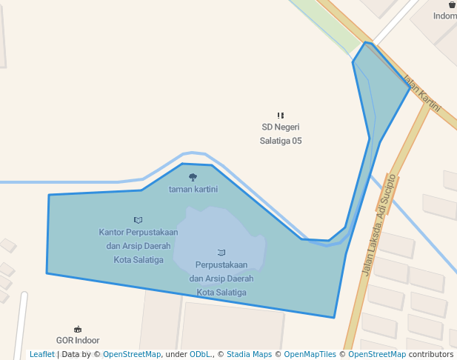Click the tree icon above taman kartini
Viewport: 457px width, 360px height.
(x=193, y=177)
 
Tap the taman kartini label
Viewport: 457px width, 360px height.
(x=193, y=189)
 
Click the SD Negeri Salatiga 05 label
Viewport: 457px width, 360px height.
(x=281, y=134)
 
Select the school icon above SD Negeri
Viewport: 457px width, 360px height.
(x=281, y=116)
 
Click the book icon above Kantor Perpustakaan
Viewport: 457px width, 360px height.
(x=139, y=220)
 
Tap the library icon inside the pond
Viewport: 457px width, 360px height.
(x=221, y=253)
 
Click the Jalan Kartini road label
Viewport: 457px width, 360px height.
(x=421, y=93)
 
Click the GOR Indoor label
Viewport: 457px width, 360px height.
(x=78, y=341)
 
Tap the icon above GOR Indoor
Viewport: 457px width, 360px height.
(x=78, y=329)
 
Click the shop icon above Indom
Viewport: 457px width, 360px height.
(x=452, y=4)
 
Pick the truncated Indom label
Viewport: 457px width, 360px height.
(x=445, y=16)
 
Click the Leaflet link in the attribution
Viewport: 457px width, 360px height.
(x=41, y=355)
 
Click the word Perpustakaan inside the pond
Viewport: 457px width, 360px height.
(x=221, y=264)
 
